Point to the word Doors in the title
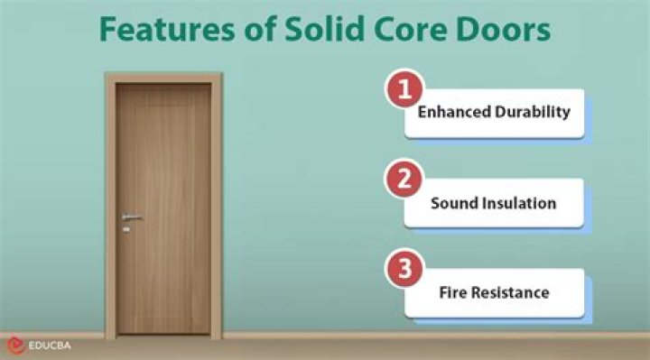[x=505, y=31]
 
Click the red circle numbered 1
[x=405, y=90]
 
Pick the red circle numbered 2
[x=405, y=179]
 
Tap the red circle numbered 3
[x=405, y=268]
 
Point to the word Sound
[x=452, y=203]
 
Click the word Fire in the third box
[x=453, y=292]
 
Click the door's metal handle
[x=132, y=217]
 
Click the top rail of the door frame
[x=163, y=78]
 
